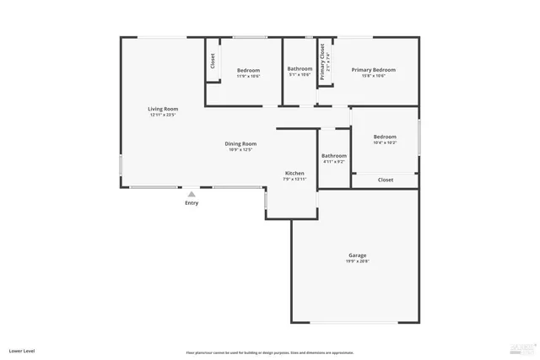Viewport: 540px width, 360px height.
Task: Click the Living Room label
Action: (163, 109)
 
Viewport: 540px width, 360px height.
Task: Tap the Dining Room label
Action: (240, 144)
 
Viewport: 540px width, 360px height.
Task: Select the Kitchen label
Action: (294, 173)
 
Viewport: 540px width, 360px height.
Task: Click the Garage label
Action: (357, 255)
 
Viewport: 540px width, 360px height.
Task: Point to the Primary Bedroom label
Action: (373, 70)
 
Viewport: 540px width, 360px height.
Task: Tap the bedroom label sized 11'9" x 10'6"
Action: (248, 70)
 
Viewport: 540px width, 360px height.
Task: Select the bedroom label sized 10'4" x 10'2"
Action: (385, 137)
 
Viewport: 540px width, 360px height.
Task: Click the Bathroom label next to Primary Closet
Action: (300, 69)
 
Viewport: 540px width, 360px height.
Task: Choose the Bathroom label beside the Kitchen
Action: (333, 156)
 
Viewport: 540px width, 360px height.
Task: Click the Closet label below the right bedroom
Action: (385, 180)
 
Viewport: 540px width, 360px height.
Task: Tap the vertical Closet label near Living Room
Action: (213, 61)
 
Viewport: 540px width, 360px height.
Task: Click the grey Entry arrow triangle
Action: (192, 193)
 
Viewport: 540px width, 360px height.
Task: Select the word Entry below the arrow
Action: (192, 203)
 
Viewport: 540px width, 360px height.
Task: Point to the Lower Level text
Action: (22, 350)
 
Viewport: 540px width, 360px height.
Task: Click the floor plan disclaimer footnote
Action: (270, 352)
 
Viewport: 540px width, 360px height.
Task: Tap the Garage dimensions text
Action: (357, 261)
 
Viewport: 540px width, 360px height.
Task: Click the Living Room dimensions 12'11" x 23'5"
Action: (163, 116)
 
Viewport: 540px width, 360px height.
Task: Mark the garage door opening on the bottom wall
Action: (355, 322)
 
